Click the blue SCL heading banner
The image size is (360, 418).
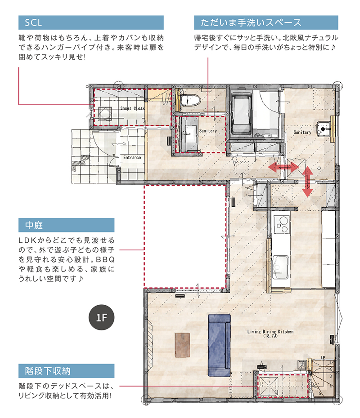click(x=91, y=22)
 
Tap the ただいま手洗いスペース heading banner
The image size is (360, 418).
click(x=266, y=22)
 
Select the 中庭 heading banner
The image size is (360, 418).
click(x=66, y=225)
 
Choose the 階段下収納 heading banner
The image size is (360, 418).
click(x=66, y=371)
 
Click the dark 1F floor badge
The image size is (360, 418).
click(x=101, y=317)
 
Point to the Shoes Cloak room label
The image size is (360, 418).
click(x=132, y=108)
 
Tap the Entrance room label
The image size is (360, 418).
click(x=132, y=158)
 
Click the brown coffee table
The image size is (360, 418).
click(x=183, y=345)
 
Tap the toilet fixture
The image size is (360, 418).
click(x=190, y=101)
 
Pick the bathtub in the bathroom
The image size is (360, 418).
click(x=242, y=114)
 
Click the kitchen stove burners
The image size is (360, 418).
click(x=282, y=224)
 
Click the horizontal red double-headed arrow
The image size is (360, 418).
click(x=283, y=168)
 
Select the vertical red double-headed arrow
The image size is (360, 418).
click(x=307, y=182)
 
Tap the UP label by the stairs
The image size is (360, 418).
click(x=323, y=357)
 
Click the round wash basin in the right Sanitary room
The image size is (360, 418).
click(x=324, y=129)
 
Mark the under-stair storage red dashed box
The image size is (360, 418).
click(x=283, y=386)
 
